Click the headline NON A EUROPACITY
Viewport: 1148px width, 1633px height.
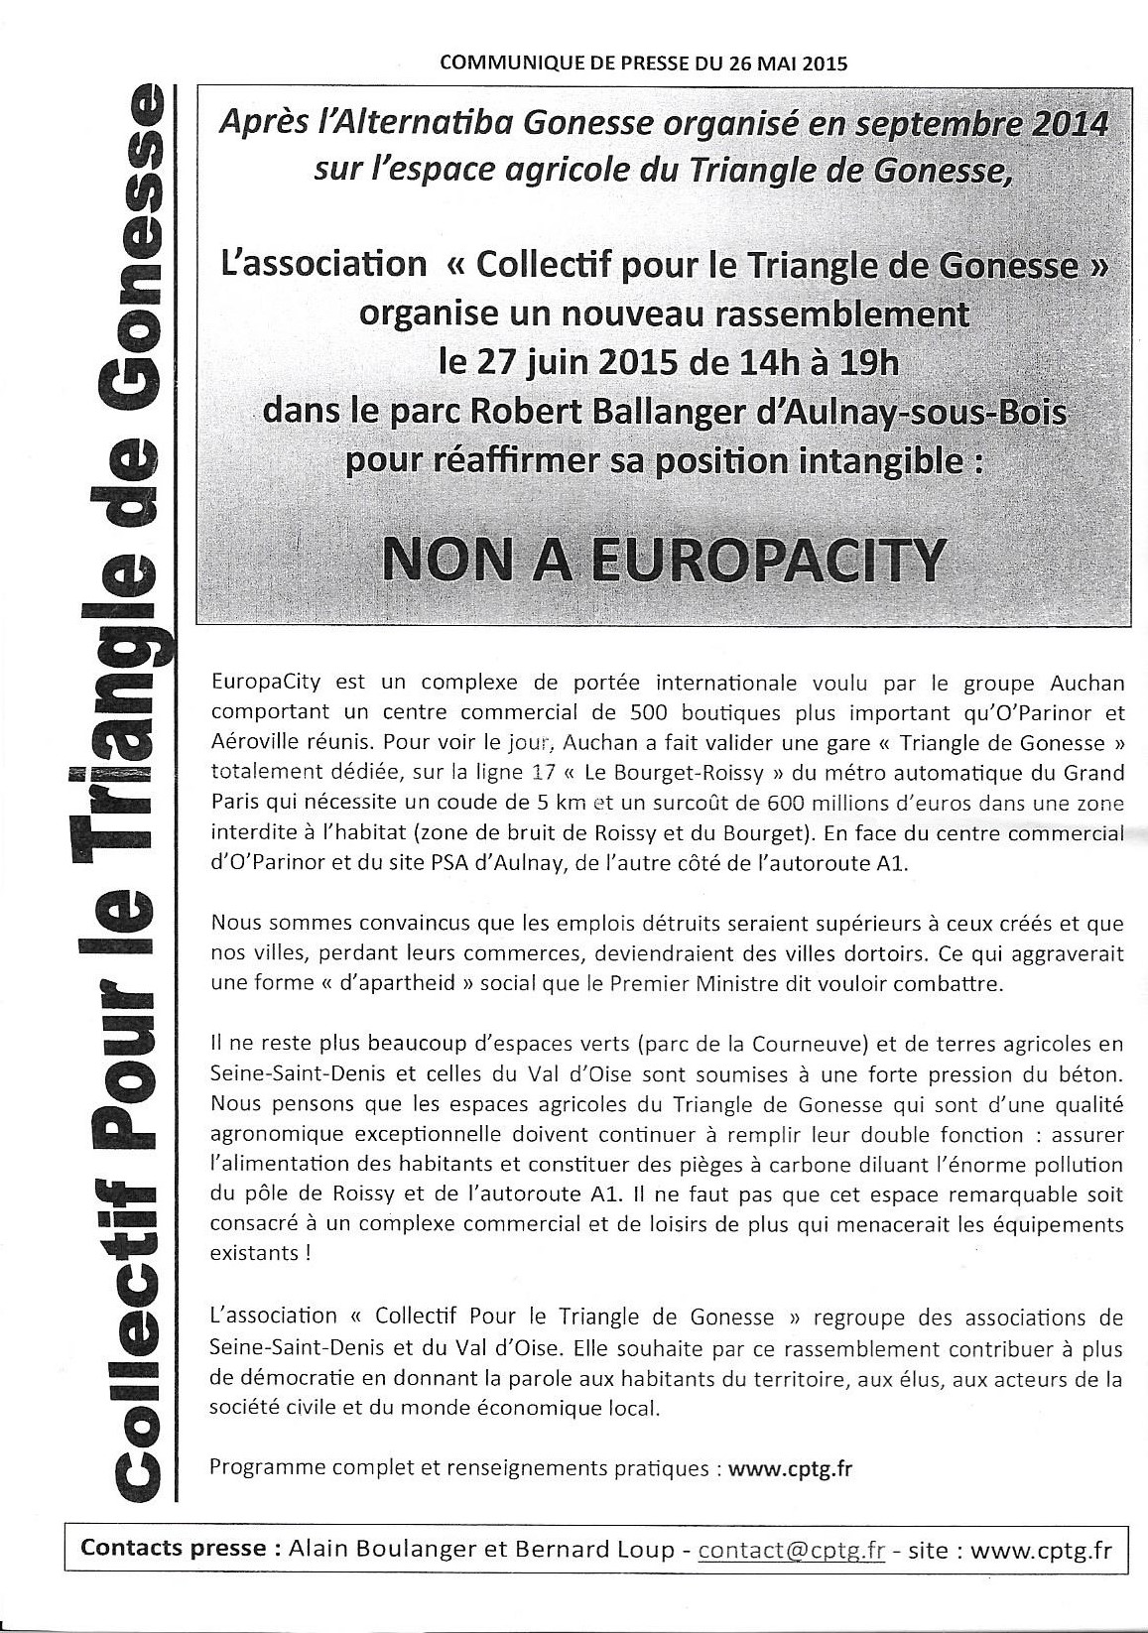coord(663,560)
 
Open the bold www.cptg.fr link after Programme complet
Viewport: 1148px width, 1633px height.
coord(791,1469)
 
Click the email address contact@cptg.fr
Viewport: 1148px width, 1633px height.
coord(791,1549)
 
